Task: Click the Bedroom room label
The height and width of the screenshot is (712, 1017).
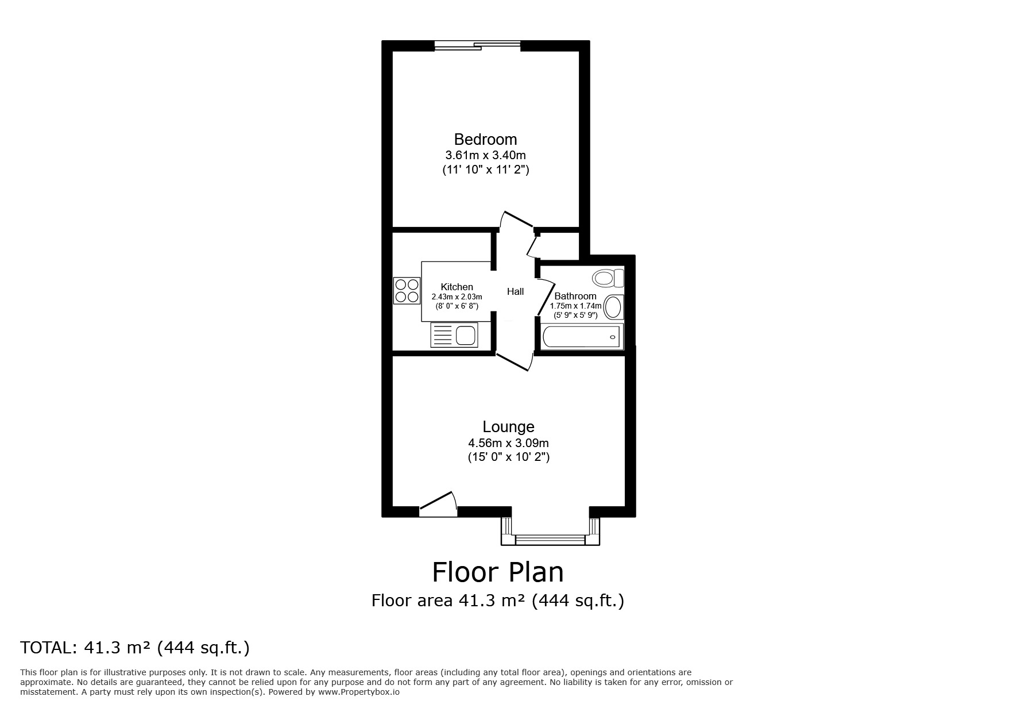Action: [x=485, y=140]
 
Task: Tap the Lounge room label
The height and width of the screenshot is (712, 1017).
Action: [x=508, y=427]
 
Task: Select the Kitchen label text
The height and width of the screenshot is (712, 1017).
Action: [x=457, y=287]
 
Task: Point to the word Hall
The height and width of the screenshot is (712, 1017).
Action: [x=515, y=292]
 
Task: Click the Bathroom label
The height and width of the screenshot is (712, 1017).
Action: [x=575, y=297]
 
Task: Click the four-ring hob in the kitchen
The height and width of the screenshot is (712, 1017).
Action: [x=407, y=291]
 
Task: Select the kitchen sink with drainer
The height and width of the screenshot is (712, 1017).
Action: [x=454, y=335]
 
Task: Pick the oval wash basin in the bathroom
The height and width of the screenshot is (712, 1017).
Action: [x=614, y=307]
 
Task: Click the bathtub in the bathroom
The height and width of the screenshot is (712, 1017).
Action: [x=582, y=336]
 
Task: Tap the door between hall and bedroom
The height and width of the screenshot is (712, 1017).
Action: [x=516, y=221]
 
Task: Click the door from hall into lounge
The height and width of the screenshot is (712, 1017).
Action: [x=514, y=361]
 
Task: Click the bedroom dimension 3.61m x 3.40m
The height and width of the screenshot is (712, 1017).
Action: [x=485, y=155]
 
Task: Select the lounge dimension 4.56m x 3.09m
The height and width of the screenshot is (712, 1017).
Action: [x=508, y=443]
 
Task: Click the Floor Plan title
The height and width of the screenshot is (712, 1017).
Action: [x=497, y=572]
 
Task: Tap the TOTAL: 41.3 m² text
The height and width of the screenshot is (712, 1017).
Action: [x=135, y=648]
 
